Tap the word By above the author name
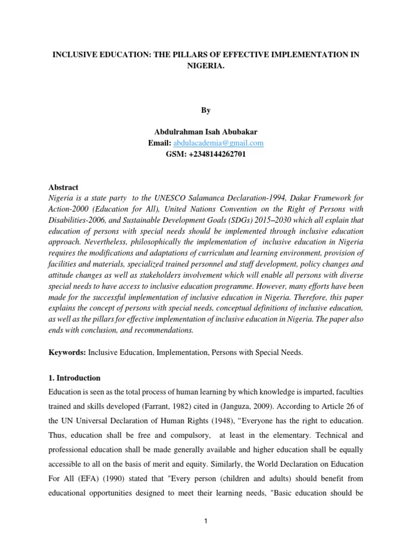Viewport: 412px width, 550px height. tap(206, 110)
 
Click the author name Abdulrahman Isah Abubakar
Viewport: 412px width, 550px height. tap(206, 132)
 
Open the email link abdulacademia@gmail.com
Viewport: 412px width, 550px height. tap(218, 143)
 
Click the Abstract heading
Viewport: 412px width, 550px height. tap(63, 187)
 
